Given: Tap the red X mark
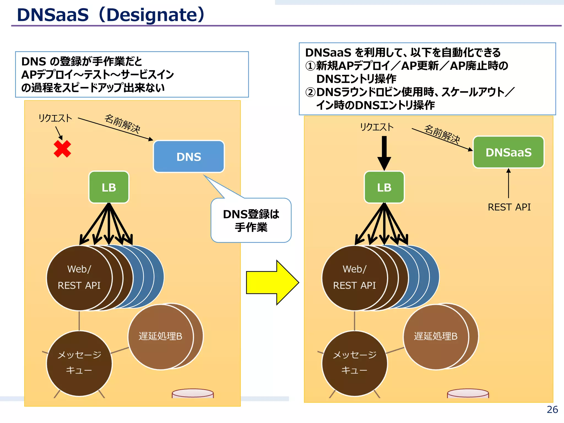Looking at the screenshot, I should [62, 149].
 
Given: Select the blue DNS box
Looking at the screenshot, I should [189, 156].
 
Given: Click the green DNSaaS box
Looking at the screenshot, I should [508, 152].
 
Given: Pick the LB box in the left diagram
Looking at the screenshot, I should [109, 187].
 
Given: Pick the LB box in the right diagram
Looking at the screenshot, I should [384, 187].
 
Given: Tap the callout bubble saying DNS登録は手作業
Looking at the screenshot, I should [251, 221].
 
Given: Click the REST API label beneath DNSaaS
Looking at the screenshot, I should [509, 207].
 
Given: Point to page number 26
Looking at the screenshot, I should [552, 410].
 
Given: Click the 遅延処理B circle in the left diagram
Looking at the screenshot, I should [161, 336].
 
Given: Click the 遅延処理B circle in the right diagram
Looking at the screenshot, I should [436, 336].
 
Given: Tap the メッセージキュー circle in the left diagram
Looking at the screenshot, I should [79, 363].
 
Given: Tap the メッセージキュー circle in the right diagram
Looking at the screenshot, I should [354, 363].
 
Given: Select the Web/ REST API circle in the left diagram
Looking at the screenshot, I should [79, 278].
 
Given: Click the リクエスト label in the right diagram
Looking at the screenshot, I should [377, 127].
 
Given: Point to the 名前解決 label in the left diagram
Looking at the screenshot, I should [123, 123].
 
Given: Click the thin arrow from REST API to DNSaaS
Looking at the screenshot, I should [508, 183].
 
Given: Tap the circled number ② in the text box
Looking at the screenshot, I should [310, 92].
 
